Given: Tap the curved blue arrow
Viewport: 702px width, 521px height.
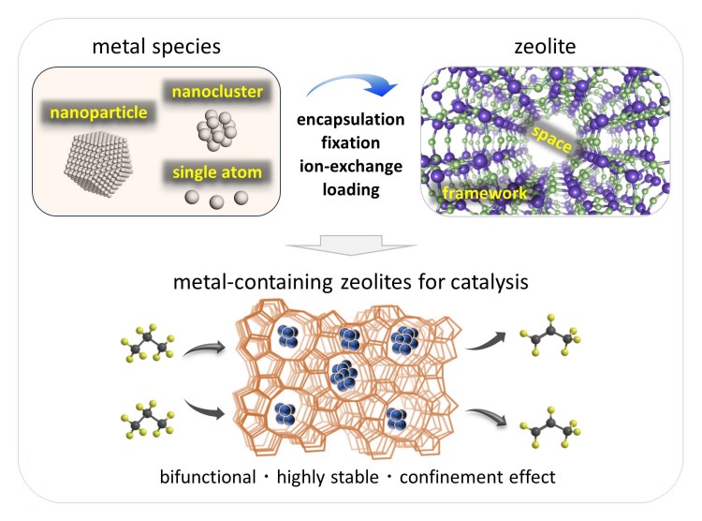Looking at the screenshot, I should [355, 89].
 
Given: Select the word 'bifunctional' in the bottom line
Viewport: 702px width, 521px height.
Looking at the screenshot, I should [220, 477].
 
